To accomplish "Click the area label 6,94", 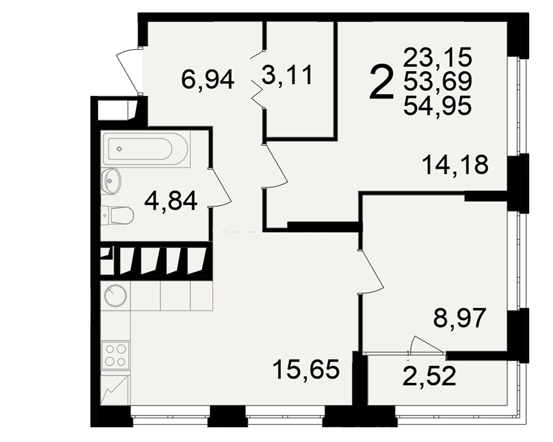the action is pos(207,80).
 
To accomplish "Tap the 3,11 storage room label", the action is pos(287,76).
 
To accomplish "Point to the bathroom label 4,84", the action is pos(171,201).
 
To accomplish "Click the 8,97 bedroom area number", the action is pos(460,318).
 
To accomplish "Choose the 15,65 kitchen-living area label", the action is pos(306,370).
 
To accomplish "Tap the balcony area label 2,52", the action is pos(430,376).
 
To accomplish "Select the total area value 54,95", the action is pos(437,106).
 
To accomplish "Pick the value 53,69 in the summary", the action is pos(437,81).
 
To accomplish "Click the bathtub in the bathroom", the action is pos(145,149).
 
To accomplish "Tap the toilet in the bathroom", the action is pos(117,215).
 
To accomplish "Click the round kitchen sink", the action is pos(116,295).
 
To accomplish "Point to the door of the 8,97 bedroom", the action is pos(371,271).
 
